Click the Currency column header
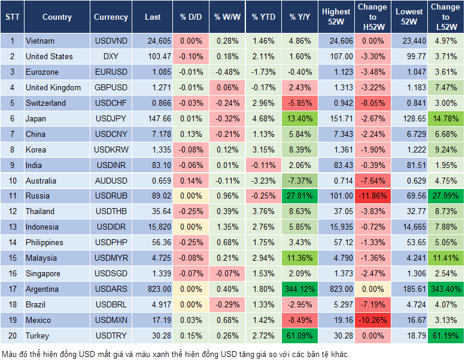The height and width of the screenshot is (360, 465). coord(111,17)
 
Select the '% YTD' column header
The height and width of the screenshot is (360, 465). coord(263,17)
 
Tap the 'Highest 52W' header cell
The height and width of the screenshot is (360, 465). coord(336,17)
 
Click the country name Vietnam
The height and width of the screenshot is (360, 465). coord(40,41)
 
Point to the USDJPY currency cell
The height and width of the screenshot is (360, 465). coord(111,118)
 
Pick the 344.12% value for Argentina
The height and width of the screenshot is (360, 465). coord(299,289)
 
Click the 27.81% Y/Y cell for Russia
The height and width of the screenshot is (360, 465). coord(299,196)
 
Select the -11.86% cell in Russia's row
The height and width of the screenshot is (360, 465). coord(372,196)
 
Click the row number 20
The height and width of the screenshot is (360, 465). coord(12,335)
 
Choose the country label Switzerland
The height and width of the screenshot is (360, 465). coord(46,103)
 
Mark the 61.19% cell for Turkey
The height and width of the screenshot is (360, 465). coord(445,335)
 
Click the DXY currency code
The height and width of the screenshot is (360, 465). coord(111,56)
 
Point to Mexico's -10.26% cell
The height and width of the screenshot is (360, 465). coord(372,320)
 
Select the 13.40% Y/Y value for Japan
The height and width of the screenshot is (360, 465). coord(299,118)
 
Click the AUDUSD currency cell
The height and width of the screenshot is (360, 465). coord(111,181)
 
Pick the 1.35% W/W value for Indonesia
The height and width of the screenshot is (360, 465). coord(226,227)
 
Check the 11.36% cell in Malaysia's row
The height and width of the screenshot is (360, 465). coord(299,258)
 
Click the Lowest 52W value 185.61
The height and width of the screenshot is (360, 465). coord(410,289)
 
